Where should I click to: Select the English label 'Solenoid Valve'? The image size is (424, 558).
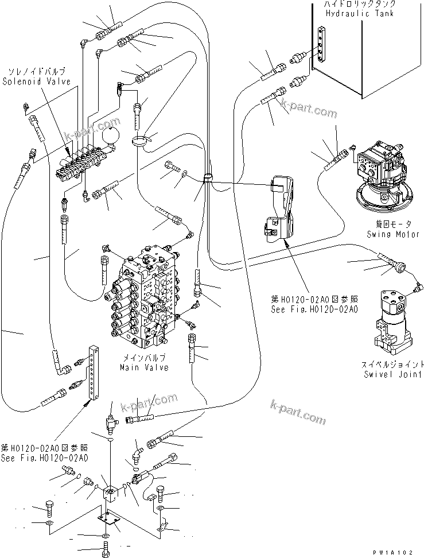tap(36, 82)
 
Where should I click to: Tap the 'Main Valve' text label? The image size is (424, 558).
tap(144, 367)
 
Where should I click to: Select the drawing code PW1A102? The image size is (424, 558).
tap(392, 552)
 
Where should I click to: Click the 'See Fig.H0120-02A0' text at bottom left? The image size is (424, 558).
tap(44, 458)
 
